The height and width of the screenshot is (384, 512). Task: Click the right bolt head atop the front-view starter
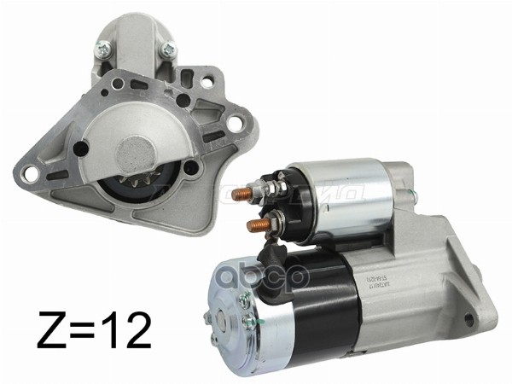(168, 49)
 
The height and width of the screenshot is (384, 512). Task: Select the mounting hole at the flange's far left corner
(31, 174)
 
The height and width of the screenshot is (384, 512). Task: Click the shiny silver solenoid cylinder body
(337, 192)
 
